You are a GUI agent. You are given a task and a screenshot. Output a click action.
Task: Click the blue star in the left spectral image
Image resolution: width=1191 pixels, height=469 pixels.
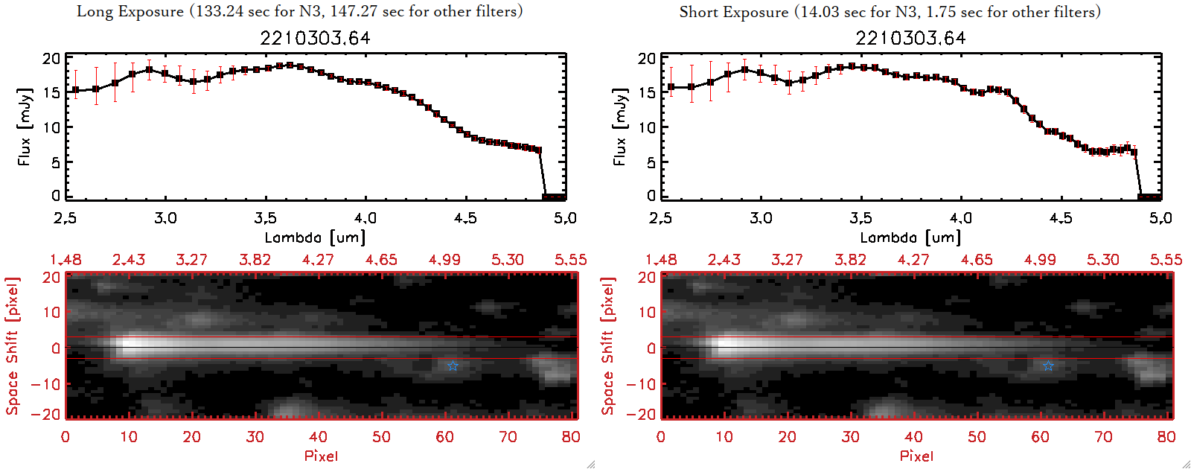[x=453, y=366]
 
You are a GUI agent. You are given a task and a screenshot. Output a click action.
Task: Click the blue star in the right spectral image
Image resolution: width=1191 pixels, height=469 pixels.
[x=1048, y=366]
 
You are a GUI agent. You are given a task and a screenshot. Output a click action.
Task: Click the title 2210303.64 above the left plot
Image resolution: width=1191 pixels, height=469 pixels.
[x=315, y=38]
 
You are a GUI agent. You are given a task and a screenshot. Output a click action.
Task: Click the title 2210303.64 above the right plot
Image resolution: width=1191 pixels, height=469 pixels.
[x=910, y=38]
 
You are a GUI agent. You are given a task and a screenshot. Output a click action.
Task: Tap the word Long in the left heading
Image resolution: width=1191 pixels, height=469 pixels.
[x=93, y=12]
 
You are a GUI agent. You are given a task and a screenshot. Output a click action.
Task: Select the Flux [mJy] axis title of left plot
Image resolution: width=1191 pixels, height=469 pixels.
[x=25, y=127]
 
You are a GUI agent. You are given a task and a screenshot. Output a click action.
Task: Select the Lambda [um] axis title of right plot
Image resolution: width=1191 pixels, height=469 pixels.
[x=910, y=237]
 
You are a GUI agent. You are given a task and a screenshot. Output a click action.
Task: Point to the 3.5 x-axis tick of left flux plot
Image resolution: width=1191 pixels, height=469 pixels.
[x=265, y=218]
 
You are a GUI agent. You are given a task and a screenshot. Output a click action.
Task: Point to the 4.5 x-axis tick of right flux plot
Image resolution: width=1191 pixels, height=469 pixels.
[x=1061, y=218]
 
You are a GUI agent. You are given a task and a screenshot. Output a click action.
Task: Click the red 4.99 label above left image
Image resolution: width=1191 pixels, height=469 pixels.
[x=444, y=260]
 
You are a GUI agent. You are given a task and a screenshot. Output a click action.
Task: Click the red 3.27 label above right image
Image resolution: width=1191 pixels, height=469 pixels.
[x=787, y=260]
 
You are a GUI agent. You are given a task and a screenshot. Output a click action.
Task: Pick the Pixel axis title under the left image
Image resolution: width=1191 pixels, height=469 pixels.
[x=321, y=456]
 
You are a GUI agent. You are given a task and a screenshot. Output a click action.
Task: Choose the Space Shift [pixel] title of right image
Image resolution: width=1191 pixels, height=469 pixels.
[x=608, y=346]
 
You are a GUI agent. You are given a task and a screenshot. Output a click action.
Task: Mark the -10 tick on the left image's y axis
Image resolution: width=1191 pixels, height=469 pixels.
[x=45, y=384]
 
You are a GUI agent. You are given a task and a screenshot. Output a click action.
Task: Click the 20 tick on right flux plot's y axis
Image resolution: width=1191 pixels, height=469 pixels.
[x=647, y=59]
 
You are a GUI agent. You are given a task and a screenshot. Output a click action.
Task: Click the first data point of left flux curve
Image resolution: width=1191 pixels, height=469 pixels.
[x=75, y=90]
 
